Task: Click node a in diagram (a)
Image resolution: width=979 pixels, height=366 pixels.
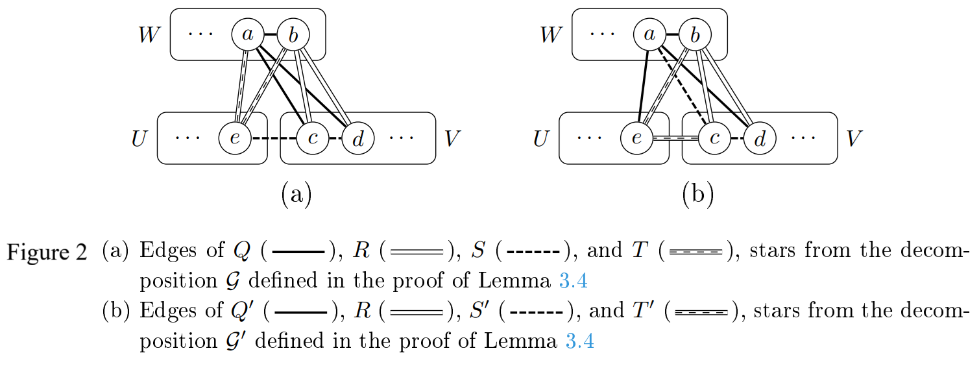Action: click(248, 34)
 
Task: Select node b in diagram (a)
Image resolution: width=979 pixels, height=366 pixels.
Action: click(293, 34)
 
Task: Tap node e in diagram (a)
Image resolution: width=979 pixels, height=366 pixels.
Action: click(235, 138)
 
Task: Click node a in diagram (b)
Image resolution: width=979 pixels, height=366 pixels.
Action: click(649, 34)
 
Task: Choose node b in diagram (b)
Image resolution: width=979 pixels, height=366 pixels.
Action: click(695, 34)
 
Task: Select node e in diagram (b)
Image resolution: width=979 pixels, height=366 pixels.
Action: click(636, 138)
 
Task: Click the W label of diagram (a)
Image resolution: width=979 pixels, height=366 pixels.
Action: click(149, 35)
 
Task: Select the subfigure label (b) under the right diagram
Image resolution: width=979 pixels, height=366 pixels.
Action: click(697, 194)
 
